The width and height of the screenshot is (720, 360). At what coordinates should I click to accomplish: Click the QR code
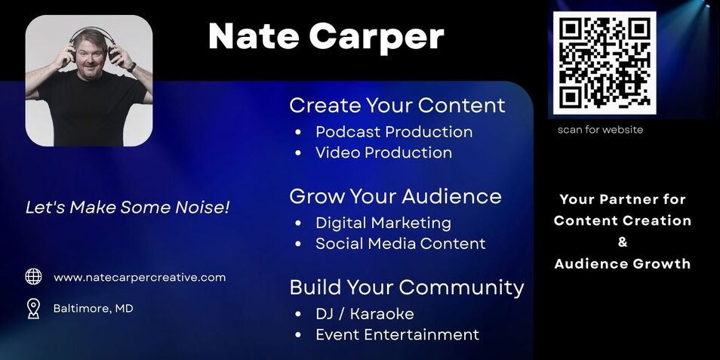605,63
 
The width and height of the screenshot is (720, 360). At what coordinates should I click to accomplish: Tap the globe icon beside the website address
33,277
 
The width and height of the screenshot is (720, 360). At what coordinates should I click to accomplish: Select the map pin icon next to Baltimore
33,309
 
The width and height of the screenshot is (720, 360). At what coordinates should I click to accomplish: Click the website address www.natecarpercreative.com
140,277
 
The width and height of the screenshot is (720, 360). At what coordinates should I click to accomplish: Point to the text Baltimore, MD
94,309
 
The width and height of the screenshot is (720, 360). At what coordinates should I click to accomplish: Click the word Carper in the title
376,36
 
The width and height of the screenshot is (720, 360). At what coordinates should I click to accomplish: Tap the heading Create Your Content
397,105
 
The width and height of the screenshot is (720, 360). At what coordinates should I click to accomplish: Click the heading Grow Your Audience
395,196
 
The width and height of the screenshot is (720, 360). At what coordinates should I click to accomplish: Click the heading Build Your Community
407,288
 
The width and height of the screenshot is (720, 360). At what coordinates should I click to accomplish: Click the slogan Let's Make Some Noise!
128,208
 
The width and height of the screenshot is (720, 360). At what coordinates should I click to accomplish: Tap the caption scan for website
600,130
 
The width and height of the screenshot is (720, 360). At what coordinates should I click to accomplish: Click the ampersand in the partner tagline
623,242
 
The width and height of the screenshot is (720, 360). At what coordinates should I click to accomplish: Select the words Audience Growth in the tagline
622,263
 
